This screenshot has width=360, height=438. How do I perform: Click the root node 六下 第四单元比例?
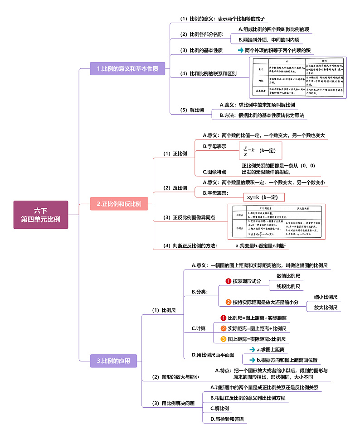[41, 215]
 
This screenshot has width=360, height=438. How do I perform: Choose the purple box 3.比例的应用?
[113, 361]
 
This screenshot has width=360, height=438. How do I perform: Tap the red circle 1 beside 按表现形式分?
[229, 281]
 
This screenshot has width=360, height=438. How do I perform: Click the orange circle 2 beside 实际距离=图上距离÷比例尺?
[223, 328]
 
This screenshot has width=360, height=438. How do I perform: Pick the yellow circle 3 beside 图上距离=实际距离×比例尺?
[223, 339]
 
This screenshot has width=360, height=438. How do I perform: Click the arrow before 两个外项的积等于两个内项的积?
[240, 50]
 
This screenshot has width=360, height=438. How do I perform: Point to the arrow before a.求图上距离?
[252, 349]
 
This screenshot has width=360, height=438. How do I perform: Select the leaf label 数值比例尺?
[288, 275]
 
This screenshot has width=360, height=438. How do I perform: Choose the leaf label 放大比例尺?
[326, 308]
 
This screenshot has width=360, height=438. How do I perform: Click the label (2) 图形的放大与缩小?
[175, 377]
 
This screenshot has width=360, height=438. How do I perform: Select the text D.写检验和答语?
[227, 419]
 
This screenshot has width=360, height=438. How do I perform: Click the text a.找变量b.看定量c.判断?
[261, 245]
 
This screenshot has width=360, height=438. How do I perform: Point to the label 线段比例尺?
[288, 286]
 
